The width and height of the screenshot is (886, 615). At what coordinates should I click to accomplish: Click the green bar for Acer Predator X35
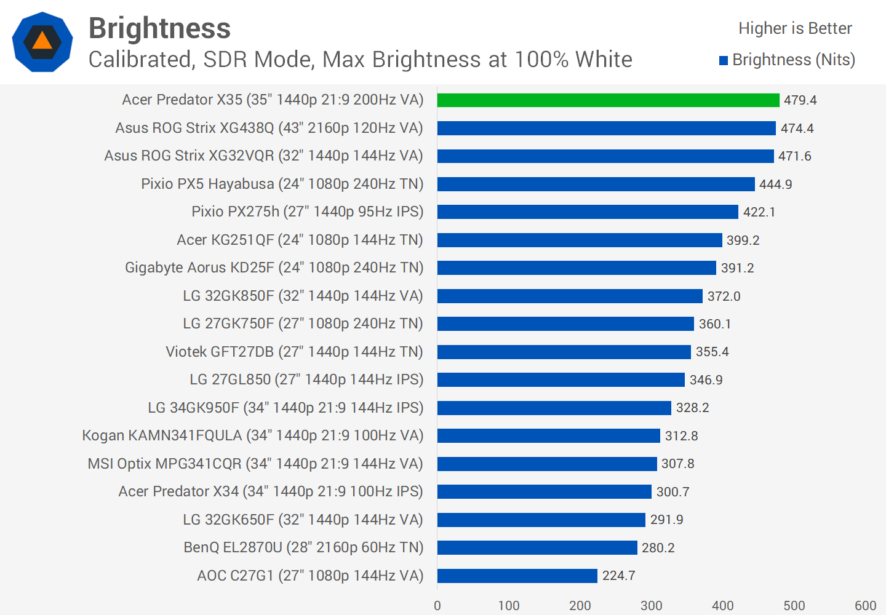(608, 100)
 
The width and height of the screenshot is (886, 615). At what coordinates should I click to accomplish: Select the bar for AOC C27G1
(517, 576)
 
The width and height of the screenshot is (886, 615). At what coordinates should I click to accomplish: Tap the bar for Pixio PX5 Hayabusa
(596, 184)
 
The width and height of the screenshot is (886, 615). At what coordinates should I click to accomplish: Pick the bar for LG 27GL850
(561, 379)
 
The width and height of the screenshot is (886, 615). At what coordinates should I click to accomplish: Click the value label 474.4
(797, 128)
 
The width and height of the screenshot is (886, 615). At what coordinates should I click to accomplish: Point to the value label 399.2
(743, 240)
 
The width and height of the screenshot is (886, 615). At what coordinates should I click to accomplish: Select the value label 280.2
(658, 547)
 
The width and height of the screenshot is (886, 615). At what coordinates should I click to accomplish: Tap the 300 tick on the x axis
(651, 605)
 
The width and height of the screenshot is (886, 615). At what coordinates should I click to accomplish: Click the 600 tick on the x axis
(865, 605)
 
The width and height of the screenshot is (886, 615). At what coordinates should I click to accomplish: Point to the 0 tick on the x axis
(437, 605)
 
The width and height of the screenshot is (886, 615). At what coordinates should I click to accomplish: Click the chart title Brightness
(159, 28)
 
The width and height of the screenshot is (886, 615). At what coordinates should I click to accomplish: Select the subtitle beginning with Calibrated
(360, 60)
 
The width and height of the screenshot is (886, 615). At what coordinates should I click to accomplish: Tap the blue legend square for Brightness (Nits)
(724, 60)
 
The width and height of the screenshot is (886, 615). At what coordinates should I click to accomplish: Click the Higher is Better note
(795, 28)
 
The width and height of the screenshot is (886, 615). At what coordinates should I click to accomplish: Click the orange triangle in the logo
(42, 41)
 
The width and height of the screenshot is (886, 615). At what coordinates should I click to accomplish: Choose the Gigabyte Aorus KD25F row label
(274, 268)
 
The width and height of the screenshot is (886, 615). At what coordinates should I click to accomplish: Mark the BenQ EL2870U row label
(303, 547)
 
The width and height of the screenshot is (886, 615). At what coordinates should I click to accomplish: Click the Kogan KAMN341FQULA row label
(252, 435)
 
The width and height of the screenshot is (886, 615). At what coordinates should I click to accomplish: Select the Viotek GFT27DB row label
(294, 352)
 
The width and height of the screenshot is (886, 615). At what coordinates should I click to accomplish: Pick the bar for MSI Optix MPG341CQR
(547, 464)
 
